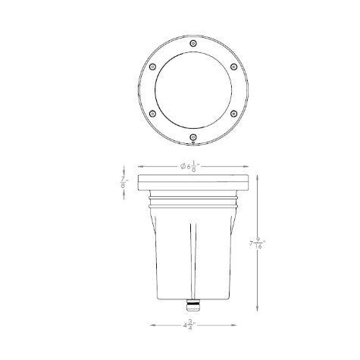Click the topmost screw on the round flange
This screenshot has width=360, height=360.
(193, 45)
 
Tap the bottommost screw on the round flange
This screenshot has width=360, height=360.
(193, 137)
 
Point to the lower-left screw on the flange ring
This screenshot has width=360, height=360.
(154, 114)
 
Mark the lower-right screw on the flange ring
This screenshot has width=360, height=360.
(233, 114)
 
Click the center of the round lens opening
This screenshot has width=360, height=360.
(193, 91)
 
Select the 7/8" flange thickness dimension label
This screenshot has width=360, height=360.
(124, 184)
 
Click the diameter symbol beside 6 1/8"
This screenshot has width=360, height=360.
(184, 166)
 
